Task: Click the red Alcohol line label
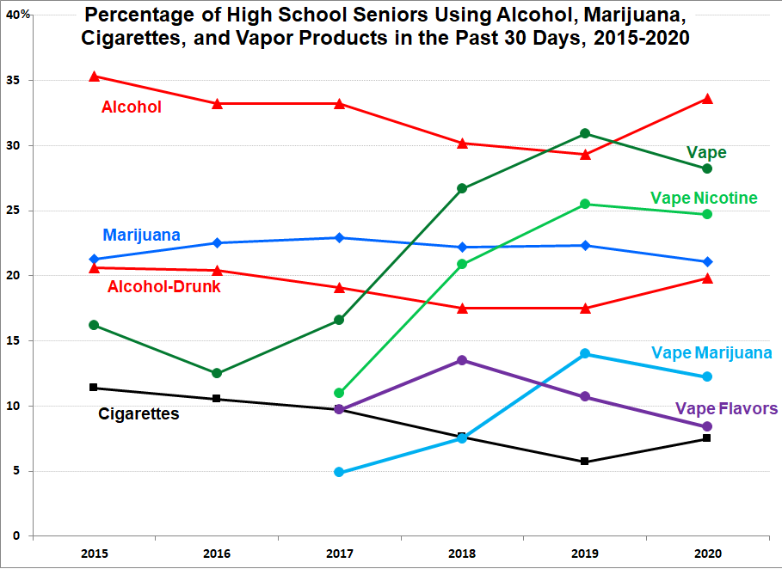point(132,107)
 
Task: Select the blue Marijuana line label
point(141,235)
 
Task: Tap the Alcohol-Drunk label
point(163,286)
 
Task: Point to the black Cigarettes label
point(139,414)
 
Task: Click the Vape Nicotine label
point(704,198)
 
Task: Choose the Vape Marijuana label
point(711,353)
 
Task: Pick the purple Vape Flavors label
point(726,408)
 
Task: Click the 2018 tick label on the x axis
point(462,554)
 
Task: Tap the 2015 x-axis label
point(95,554)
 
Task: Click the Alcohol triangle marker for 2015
point(95,76)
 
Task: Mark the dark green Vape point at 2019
point(585,133)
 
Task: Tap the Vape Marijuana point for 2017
point(340,472)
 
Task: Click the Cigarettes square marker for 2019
point(585,462)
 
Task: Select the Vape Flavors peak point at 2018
point(462,360)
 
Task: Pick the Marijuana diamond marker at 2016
point(217,243)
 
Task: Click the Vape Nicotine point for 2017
point(340,393)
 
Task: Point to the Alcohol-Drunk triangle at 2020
point(707,278)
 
